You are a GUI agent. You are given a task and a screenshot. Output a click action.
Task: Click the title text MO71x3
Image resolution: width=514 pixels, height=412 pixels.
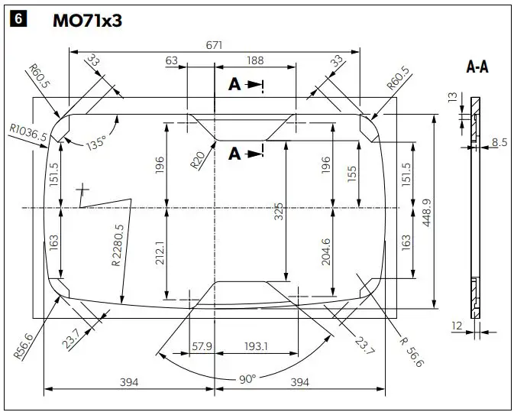coord(86,21)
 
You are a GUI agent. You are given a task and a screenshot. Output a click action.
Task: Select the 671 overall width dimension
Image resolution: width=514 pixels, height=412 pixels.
coord(214,45)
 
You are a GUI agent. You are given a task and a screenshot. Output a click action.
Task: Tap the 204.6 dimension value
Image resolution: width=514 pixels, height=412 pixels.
coord(326,251)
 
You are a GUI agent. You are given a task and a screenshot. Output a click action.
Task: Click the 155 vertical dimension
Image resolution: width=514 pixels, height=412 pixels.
coord(351,175)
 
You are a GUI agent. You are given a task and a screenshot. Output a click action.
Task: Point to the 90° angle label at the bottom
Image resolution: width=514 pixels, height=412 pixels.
coord(247,378)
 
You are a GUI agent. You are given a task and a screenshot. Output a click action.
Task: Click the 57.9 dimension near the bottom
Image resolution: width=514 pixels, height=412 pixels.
coord(202,346)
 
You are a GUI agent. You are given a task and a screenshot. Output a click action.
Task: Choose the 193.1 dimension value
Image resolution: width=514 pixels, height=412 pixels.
coord(256,346)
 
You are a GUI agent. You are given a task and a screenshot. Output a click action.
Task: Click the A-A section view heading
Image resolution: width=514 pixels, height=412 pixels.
coord(477,67)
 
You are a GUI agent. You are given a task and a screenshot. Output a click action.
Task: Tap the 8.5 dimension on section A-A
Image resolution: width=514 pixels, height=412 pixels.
coord(499,141)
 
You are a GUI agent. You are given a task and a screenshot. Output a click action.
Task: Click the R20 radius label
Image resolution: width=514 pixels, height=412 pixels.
coord(198,160)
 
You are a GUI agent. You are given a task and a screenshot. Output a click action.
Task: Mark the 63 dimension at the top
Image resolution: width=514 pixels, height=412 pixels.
coord(171,62)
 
